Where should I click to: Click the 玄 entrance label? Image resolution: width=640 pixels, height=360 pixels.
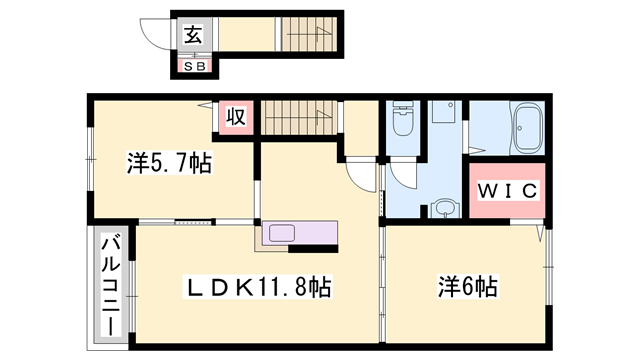tap(193, 34)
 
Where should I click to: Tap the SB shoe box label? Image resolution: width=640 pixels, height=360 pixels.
tap(195, 66)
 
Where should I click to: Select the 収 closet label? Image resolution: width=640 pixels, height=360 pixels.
tap(236, 117)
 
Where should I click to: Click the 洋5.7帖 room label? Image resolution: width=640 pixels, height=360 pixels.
tap(169, 163)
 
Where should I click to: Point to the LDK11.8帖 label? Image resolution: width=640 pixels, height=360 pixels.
tap(258, 287)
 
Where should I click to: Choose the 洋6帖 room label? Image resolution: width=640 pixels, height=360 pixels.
tap(468, 286)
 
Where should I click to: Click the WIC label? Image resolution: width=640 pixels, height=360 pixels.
tap(507, 191)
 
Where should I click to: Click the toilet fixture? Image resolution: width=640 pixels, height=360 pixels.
tap(403, 118)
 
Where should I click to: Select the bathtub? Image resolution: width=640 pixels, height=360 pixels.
tap(527, 127)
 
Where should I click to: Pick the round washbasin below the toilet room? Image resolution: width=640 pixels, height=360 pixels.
tap(445, 208)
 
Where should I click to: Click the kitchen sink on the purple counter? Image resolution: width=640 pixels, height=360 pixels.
tap(281, 233)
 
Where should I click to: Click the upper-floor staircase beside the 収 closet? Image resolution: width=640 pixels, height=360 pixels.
tap(299, 118)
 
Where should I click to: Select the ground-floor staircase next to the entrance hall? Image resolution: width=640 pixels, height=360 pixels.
tap(309, 34)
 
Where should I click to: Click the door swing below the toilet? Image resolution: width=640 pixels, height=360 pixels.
tap(403, 176)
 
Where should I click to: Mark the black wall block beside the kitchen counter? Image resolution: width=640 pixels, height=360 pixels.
tap(313, 249)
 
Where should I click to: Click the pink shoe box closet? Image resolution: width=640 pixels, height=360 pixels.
tap(195, 66)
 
